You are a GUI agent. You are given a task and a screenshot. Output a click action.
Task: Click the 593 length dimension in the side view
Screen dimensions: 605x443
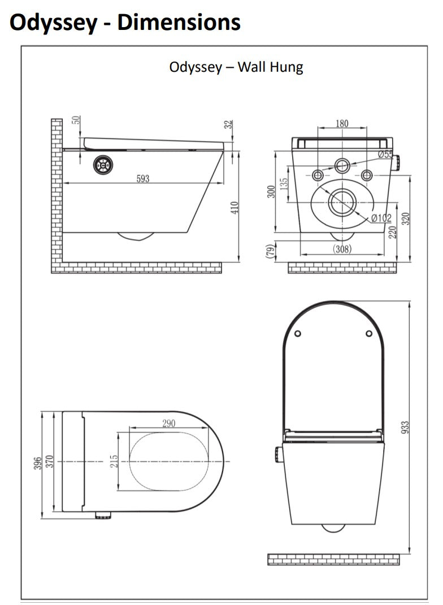pyautogui.click(x=143, y=179)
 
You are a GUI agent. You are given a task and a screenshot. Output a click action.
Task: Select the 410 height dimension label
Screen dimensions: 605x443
pyautogui.click(x=234, y=207)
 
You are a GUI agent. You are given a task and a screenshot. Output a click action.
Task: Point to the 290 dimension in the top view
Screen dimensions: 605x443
pyautogui.click(x=168, y=423)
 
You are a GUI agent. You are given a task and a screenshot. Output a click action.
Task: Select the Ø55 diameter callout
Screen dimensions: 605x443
pyautogui.click(x=385, y=154)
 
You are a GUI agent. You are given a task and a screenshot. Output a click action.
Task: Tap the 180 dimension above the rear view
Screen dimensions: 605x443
pyautogui.click(x=342, y=124)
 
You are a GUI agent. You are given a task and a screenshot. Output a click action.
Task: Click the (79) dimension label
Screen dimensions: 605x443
pyautogui.click(x=270, y=250)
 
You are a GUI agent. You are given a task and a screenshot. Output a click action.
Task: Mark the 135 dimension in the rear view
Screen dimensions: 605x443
pyautogui.click(x=284, y=184)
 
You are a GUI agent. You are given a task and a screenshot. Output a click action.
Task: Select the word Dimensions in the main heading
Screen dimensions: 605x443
pyautogui.click(x=179, y=23)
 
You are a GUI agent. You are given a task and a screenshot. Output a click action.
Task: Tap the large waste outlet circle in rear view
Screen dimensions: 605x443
pyautogui.click(x=342, y=202)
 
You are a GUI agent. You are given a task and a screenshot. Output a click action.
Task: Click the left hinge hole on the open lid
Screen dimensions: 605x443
pyautogui.click(x=298, y=333)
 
